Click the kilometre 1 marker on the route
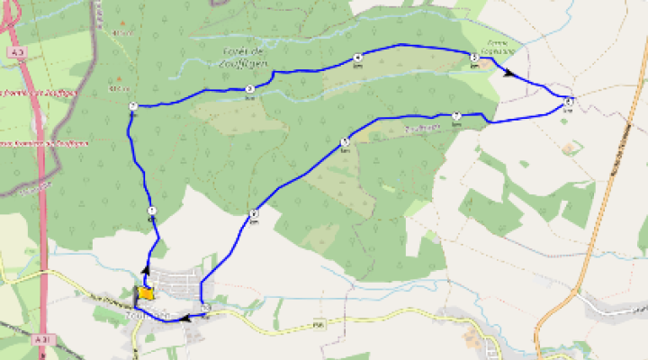pyautogui.click(x=151, y=211)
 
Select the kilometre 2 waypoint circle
pyautogui.click(x=132, y=107)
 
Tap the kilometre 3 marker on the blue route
pyautogui.click(x=249, y=88)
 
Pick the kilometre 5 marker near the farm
pyautogui.click(x=473, y=58)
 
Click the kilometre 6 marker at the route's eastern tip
pyautogui.click(x=569, y=101)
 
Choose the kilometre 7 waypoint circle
pyautogui.click(x=456, y=115)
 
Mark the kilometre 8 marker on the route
pyautogui.click(x=345, y=141)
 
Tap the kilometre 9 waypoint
pyautogui.click(x=255, y=213)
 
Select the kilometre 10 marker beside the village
pyautogui.click(x=206, y=309)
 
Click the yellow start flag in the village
pyautogui.click(x=145, y=293)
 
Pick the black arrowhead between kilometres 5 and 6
pyautogui.click(x=512, y=75)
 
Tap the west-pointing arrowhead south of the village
pyautogui.click(x=185, y=318)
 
